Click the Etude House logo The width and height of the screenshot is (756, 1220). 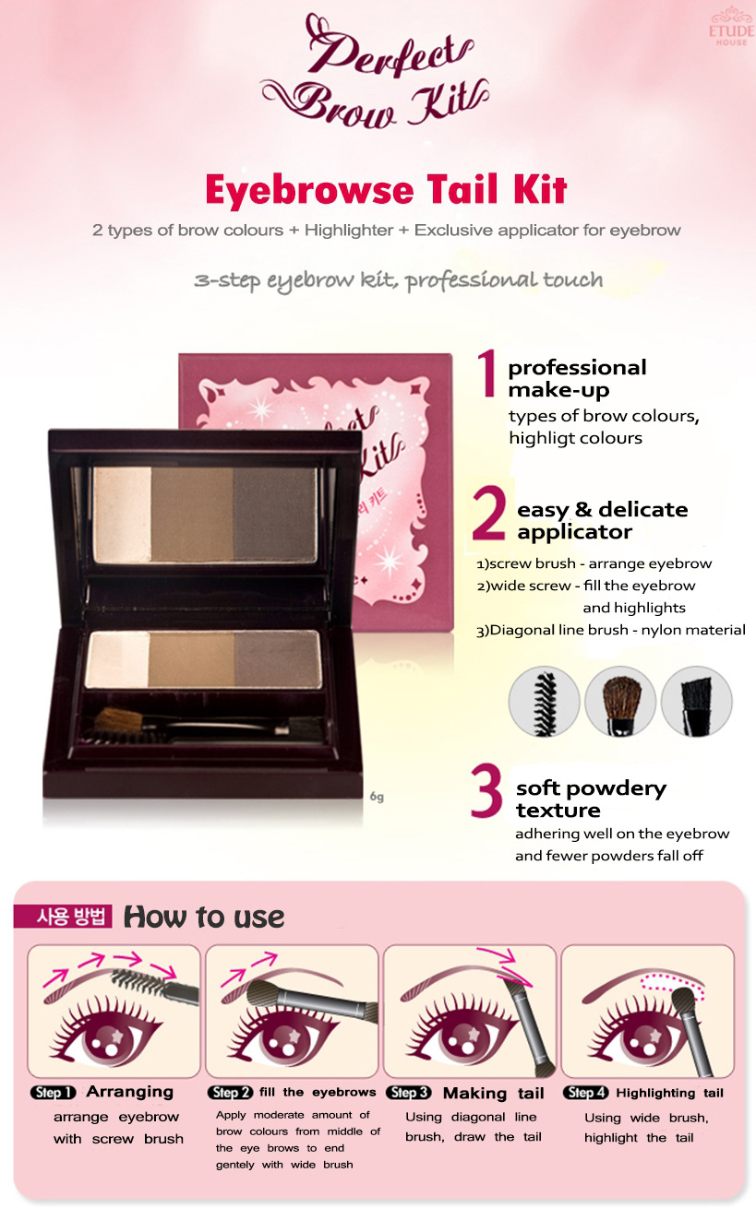click(x=732, y=29)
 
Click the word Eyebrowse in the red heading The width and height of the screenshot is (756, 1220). click(x=309, y=191)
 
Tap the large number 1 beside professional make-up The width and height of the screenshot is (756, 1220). click(x=487, y=373)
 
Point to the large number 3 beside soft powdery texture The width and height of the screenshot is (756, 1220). click(x=486, y=791)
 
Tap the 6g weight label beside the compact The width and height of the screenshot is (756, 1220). click(x=377, y=797)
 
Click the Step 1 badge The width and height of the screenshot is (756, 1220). click(x=53, y=1093)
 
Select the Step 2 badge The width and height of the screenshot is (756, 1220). click(x=231, y=1093)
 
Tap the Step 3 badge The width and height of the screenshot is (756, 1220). click(x=408, y=1093)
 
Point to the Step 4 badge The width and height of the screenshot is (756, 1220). click(x=585, y=1093)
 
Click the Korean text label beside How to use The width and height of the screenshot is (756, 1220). click(x=63, y=916)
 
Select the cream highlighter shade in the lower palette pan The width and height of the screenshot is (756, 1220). click(x=117, y=659)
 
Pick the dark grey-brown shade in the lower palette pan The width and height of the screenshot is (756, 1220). click(x=278, y=659)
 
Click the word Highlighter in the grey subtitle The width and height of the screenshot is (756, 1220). click(x=349, y=231)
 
